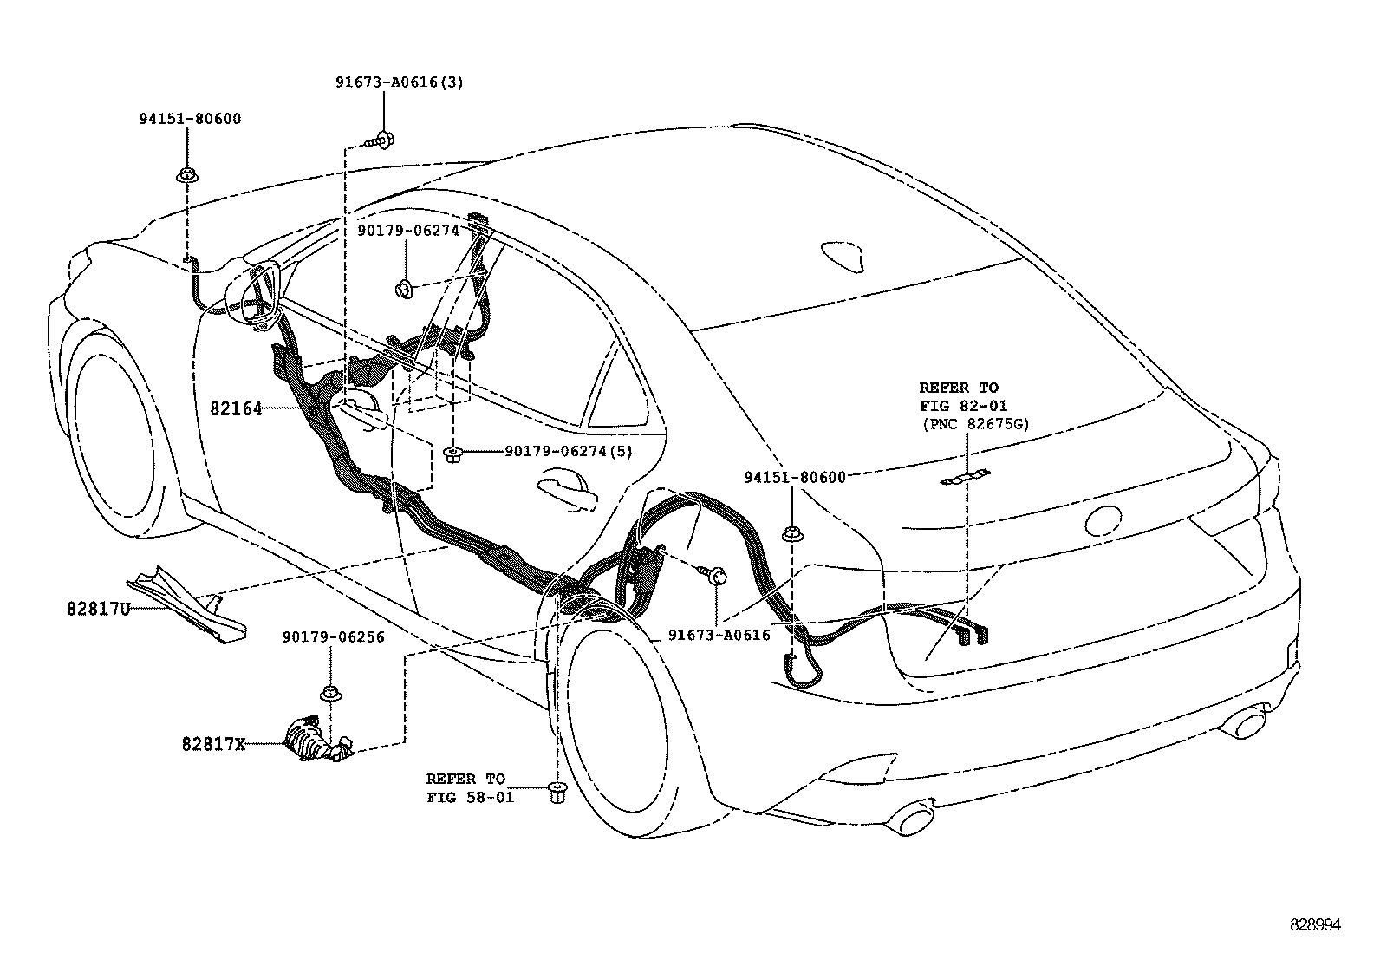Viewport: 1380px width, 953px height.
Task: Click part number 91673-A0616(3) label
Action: (x=399, y=82)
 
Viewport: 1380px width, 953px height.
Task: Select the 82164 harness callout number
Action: (x=236, y=408)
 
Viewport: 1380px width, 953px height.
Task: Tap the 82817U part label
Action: (x=97, y=609)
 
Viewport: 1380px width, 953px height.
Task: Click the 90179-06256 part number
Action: (x=332, y=637)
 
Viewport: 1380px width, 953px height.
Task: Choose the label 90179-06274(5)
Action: (x=568, y=451)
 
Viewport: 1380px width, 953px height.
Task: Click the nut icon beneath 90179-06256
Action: (x=330, y=693)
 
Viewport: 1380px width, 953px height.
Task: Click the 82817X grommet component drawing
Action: (x=315, y=741)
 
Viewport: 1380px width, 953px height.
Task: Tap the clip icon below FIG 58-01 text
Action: (x=557, y=791)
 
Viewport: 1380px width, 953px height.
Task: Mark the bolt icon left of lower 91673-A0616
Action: (x=715, y=573)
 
